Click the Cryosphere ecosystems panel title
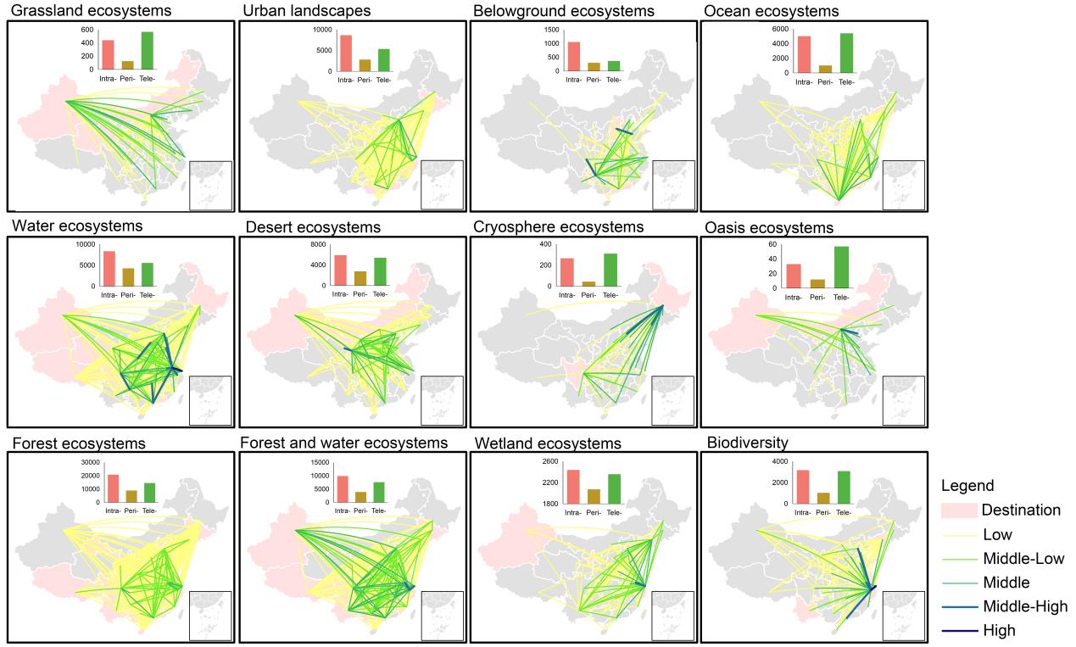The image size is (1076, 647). (x=571, y=227)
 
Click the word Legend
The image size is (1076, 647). (x=967, y=487)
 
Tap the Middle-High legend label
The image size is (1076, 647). (x=1024, y=606)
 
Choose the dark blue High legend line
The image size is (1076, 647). (x=958, y=630)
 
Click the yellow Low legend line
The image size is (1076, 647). (x=958, y=535)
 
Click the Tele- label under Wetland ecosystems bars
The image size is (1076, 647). (x=612, y=512)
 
